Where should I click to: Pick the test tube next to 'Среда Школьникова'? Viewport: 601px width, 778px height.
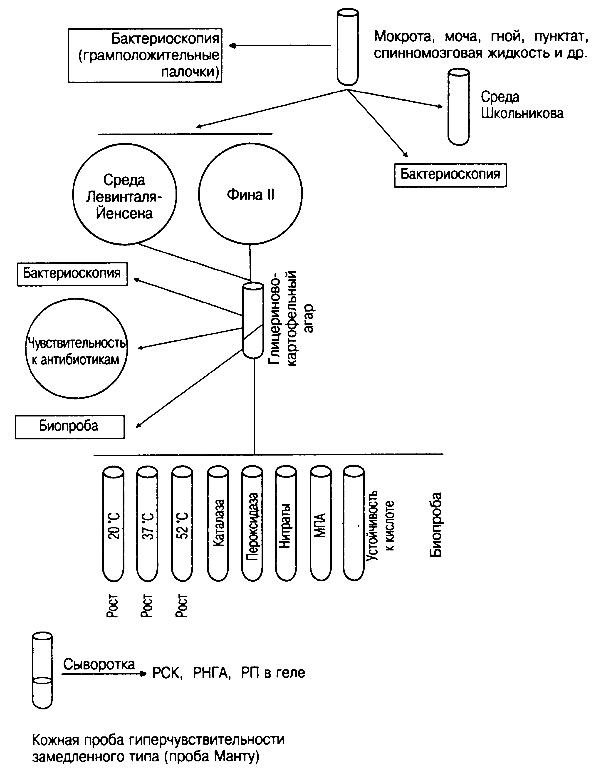point(458,107)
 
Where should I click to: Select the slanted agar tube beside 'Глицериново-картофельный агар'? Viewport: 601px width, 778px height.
point(252,321)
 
